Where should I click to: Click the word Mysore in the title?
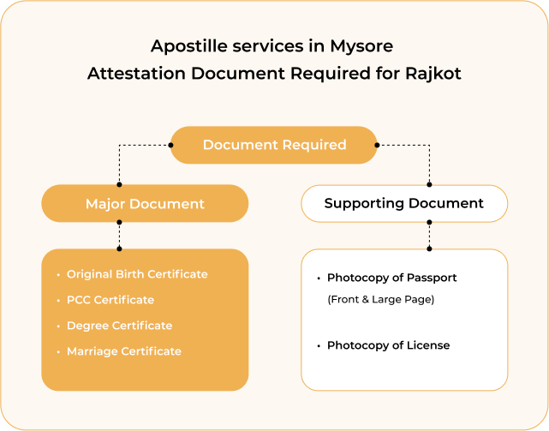pos(361,46)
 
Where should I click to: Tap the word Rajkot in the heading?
pos(433,74)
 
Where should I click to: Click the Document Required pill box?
pos(274,145)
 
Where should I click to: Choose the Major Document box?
pos(145,203)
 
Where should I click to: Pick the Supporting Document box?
pos(404,203)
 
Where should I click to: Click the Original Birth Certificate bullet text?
pos(137,274)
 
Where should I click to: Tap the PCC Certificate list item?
pos(110,300)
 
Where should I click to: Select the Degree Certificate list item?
pos(119,326)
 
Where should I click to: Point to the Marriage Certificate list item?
pos(124,351)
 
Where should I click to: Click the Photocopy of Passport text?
pos(391,278)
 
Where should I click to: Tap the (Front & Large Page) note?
pos(381,299)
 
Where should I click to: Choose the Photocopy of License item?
pos(388,345)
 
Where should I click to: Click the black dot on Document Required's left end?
pos(170,145)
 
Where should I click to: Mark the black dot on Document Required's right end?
pos(377,145)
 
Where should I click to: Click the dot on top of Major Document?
pos(119,185)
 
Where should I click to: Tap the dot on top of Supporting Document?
pos(429,185)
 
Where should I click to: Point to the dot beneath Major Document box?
pos(119,222)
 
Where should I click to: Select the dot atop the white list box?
pos(429,248)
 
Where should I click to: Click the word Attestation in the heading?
pos(136,74)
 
